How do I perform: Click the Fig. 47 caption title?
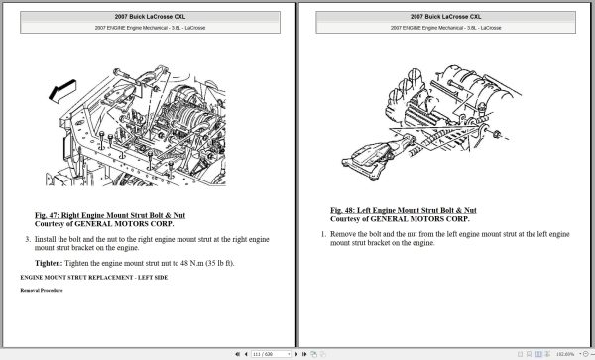pyautogui.click(x=117, y=215)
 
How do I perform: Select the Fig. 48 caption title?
pyautogui.click(x=403, y=210)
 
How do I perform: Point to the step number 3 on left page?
pyautogui.click(x=27, y=240)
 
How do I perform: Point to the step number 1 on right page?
pyautogui.click(x=322, y=233)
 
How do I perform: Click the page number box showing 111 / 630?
pyautogui.click(x=264, y=352)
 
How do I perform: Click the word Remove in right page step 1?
pyautogui.click(x=345, y=233)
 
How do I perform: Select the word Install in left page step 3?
pyautogui.click(x=48, y=240)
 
